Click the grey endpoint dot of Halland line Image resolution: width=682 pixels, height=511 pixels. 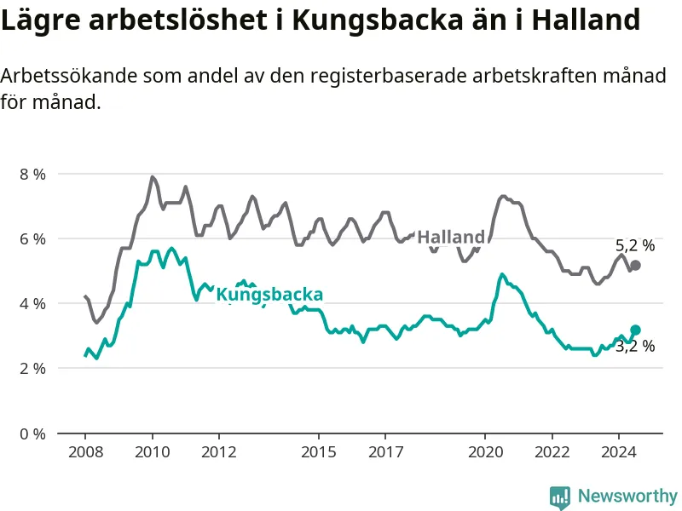tap(635, 266)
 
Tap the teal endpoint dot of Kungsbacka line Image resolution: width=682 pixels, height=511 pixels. tap(635, 330)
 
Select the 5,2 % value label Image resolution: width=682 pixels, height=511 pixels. tap(635, 245)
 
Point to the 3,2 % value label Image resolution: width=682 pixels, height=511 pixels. tap(635, 347)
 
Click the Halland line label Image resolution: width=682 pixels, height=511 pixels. tap(451, 238)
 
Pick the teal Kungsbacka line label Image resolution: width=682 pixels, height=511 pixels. tap(269, 295)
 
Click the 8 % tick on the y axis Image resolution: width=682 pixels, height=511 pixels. tap(32, 175)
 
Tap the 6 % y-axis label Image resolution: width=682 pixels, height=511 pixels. tap(32, 239)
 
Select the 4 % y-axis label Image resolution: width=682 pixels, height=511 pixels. tap(32, 304)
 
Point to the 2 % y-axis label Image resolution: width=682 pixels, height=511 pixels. tap(32, 369)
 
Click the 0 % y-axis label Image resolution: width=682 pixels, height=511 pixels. tap(32, 433)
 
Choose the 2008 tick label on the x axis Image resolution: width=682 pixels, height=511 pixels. tap(86, 452)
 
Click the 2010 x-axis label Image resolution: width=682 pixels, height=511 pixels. tap(153, 452)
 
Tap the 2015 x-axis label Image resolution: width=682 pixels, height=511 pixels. tap(319, 452)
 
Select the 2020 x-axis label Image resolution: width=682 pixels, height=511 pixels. tap(485, 452)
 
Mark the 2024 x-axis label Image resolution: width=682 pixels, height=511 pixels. tap(619, 452)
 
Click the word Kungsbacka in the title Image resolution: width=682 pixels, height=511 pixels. tap(377, 20)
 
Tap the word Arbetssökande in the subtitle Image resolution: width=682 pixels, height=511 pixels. tap(68, 76)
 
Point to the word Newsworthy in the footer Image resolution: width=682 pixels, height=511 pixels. tap(627, 496)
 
